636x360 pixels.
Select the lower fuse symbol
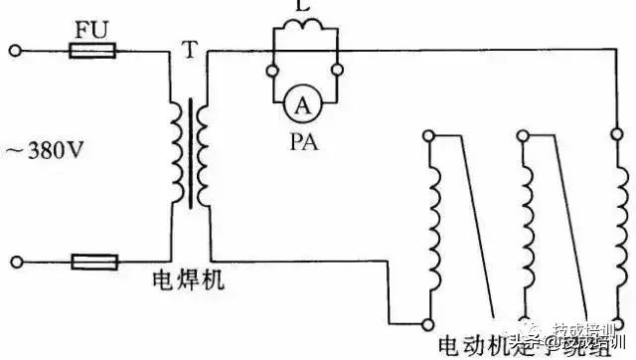pyautogui.click(x=94, y=262)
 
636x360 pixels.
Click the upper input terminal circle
pyautogui.click(x=15, y=48)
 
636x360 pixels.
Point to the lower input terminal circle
pyautogui.click(x=15, y=262)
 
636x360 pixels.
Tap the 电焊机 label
pyautogui.click(x=188, y=281)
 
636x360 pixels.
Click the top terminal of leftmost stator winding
pyautogui.click(x=428, y=133)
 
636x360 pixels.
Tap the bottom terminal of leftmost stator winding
pyautogui.click(x=427, y=323)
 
